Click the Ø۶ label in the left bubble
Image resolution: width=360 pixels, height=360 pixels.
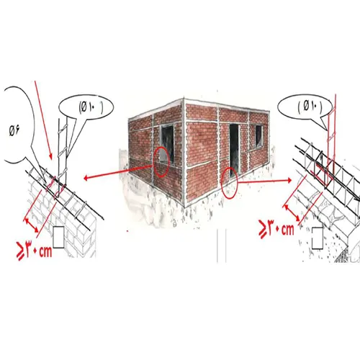(14, 131)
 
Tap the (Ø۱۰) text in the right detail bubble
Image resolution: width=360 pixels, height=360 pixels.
(310, 106)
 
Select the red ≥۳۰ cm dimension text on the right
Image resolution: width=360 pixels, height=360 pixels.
(276, 229)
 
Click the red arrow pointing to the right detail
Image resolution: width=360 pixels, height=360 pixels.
(265, 181)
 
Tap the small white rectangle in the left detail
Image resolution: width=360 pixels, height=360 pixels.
(58, 237)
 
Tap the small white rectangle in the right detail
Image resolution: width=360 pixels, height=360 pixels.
(318, 238)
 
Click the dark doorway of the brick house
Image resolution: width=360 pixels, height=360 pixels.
(234, 150)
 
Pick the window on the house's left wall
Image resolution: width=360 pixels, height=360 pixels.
(167, 143)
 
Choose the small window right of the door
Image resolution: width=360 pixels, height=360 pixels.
(258, 136)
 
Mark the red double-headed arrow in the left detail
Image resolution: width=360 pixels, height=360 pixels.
(31, 225)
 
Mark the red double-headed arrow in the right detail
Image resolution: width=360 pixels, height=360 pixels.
(292, 212)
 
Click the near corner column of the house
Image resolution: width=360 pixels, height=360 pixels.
(184, 153)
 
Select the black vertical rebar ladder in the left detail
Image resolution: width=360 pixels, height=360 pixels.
(62, 156)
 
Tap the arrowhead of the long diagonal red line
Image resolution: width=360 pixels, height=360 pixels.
(50, 157)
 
